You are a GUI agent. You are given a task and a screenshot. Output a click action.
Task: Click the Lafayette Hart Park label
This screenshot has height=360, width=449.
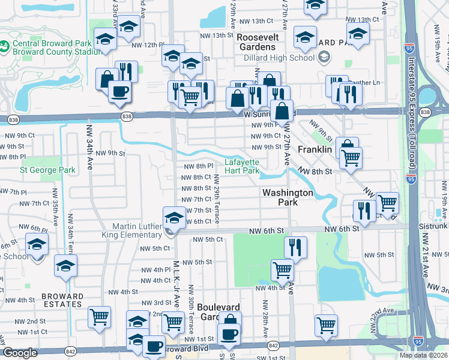coord(242,166)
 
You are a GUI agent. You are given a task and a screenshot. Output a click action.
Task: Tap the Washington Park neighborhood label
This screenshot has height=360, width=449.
coord(287,197)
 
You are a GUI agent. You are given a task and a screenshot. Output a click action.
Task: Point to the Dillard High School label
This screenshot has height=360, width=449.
coord(279,58)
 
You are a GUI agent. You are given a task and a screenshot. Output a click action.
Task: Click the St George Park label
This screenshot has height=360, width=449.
coord(48,170)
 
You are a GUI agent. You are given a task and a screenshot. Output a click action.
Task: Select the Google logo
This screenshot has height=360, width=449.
coord(20,353)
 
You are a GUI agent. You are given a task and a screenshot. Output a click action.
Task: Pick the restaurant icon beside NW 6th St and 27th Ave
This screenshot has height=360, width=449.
coord(295,247)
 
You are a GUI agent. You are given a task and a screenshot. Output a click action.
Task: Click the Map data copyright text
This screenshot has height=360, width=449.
coord(423,355)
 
